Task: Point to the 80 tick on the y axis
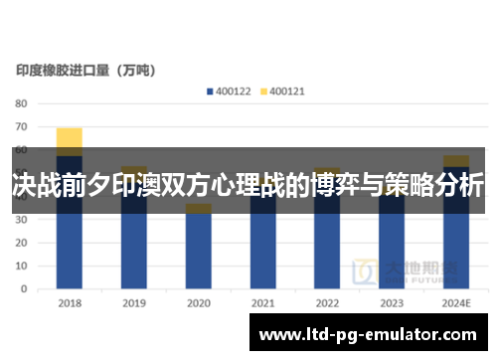pos(21,103)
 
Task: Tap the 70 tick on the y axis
pos(21,127)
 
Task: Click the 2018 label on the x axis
pos(70,303)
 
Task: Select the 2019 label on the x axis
pos(134,303)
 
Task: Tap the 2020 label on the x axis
pos(199,303)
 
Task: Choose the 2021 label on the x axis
pos(263,303)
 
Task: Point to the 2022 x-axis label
pos(327,303)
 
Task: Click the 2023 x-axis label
pos(392,303)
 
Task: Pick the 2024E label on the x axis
pos(456,303)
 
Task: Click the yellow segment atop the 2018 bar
pos(70,137)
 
